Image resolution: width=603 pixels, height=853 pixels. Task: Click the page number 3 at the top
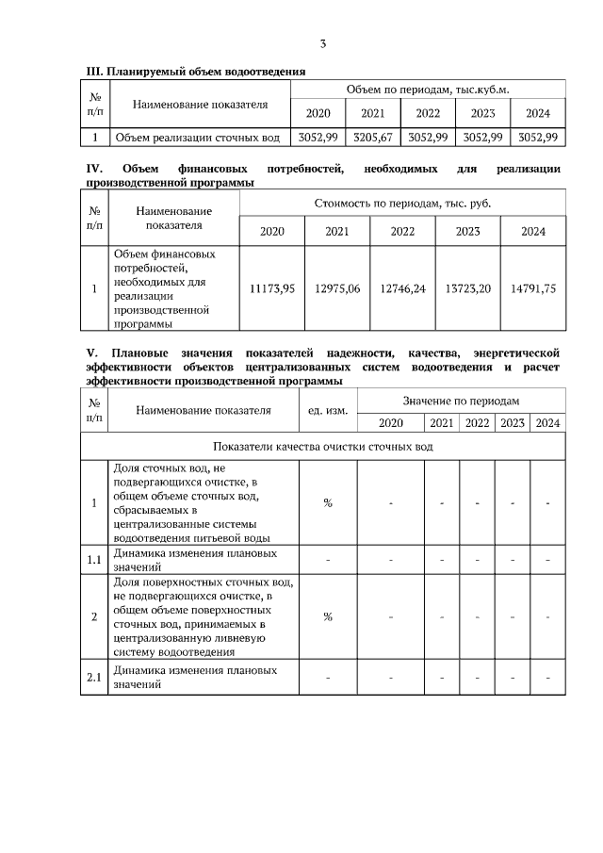[x=323, y=43]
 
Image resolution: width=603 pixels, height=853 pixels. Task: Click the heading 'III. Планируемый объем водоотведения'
[x=195, y=72]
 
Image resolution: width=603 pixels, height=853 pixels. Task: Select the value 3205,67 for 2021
[x=373, y=137]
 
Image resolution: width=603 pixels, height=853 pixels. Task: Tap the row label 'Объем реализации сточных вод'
[x=197, y=138]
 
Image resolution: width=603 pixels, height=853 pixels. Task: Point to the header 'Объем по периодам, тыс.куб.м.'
[x=428, y=89]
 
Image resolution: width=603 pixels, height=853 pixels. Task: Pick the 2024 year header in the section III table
[x=538, y=113]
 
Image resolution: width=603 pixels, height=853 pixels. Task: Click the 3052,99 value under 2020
[x=318, y=137]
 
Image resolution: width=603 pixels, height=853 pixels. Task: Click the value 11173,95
[x=272, y=289]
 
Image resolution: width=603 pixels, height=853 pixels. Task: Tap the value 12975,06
[x=337, y=289]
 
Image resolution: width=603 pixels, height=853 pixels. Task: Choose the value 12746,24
[x=402, y=289]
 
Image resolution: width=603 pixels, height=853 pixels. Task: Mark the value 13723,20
[x=467, y=289]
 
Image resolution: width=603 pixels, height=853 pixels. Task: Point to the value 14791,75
[x=532, y=289]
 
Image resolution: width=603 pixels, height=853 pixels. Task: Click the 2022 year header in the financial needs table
[x=402, y=231]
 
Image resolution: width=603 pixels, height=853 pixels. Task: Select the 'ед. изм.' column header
[x=328, y=411]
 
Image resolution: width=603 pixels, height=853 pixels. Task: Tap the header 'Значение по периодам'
[x=461, y=401]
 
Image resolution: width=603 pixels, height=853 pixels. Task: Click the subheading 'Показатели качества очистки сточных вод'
[x=323, y=446]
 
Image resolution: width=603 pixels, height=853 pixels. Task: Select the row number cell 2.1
[x=94, y=678]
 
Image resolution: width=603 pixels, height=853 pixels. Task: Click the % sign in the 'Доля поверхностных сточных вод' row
[x=328, y=617]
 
